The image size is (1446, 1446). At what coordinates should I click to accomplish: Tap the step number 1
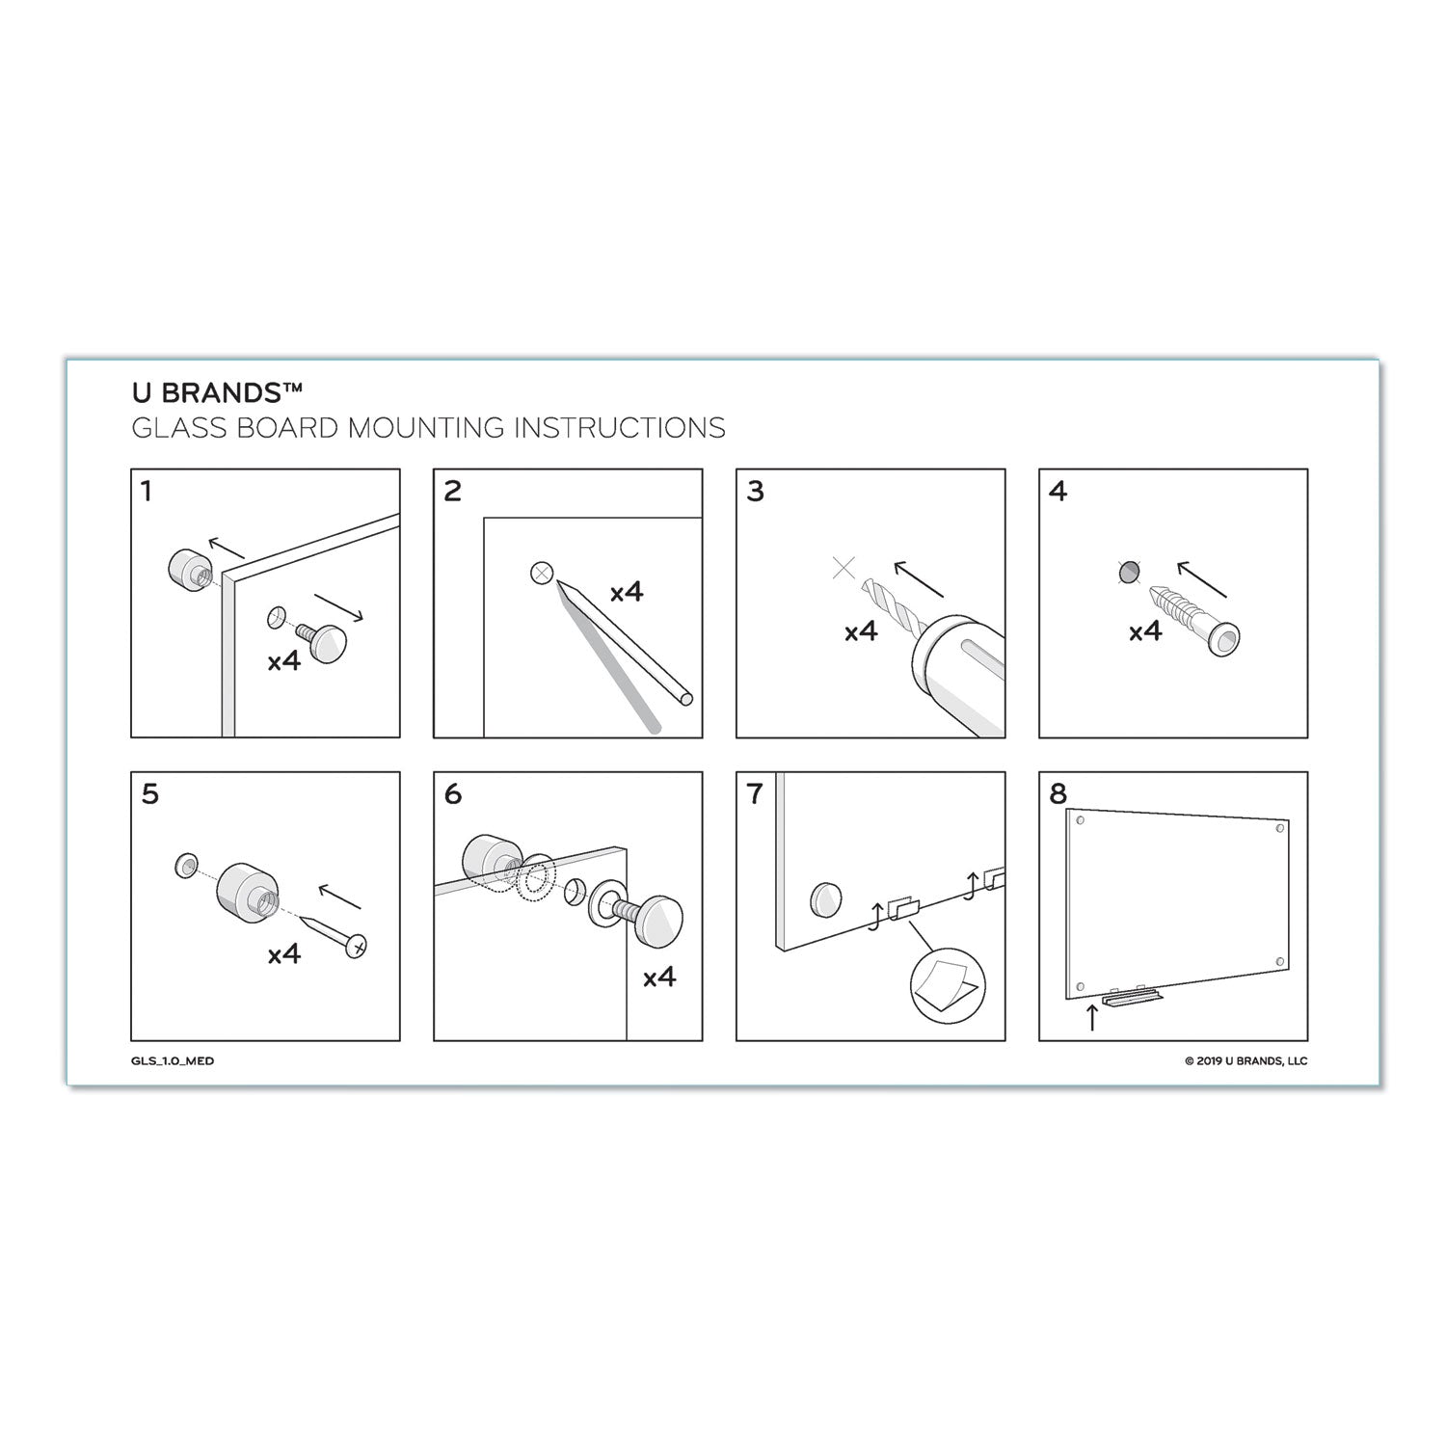146,492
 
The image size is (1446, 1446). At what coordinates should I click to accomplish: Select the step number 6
452,794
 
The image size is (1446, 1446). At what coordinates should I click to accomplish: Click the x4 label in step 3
861,631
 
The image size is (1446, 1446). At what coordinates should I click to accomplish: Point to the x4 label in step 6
659,977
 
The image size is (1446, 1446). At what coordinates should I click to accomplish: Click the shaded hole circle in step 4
1127,573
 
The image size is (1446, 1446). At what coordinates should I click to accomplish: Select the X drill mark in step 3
843,568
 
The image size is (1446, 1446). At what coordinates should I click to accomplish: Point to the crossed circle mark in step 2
542,574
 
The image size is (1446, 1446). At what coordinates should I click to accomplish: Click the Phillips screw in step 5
333,932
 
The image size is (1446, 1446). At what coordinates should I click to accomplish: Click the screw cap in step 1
325,638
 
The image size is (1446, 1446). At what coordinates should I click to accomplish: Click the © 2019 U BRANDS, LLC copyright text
1245,1061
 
